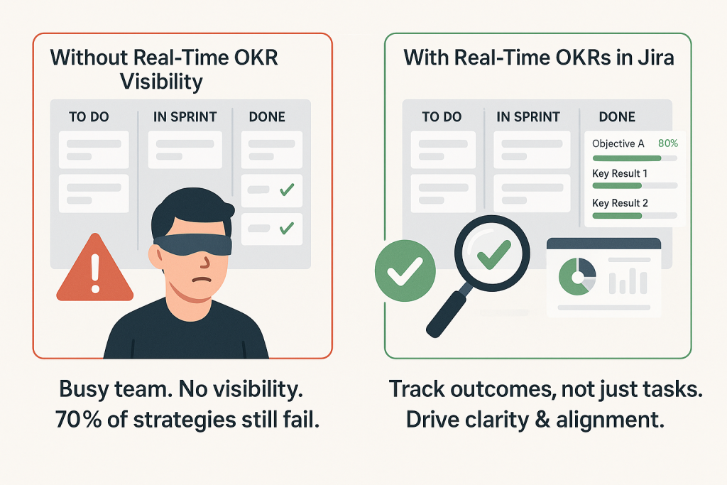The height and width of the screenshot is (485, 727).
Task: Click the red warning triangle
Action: [95, 271]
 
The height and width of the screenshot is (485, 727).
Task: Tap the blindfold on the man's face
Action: [192, 244]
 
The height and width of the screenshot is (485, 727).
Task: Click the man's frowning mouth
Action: [202, 279]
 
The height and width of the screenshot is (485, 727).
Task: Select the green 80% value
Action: [668, 143]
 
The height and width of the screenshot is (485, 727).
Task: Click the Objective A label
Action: [618, 143]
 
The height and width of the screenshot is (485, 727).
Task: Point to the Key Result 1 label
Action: [620, 173]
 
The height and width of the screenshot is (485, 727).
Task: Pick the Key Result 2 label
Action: [620, 203]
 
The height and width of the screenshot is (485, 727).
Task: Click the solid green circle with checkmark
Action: [405, 271]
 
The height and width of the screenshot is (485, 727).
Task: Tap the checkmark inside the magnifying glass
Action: [494, 254]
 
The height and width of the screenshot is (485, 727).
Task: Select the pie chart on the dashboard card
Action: [577, 277]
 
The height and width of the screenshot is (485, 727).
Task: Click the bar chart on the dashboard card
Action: [628, 281]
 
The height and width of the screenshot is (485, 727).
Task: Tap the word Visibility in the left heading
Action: [161, 82]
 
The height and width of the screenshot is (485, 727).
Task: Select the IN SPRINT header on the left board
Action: [185, 117]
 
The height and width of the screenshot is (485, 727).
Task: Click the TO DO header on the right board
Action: [442, 117]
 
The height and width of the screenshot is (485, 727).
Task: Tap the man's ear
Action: [155, 257]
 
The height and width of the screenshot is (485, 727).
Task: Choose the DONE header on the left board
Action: [267, 117]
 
